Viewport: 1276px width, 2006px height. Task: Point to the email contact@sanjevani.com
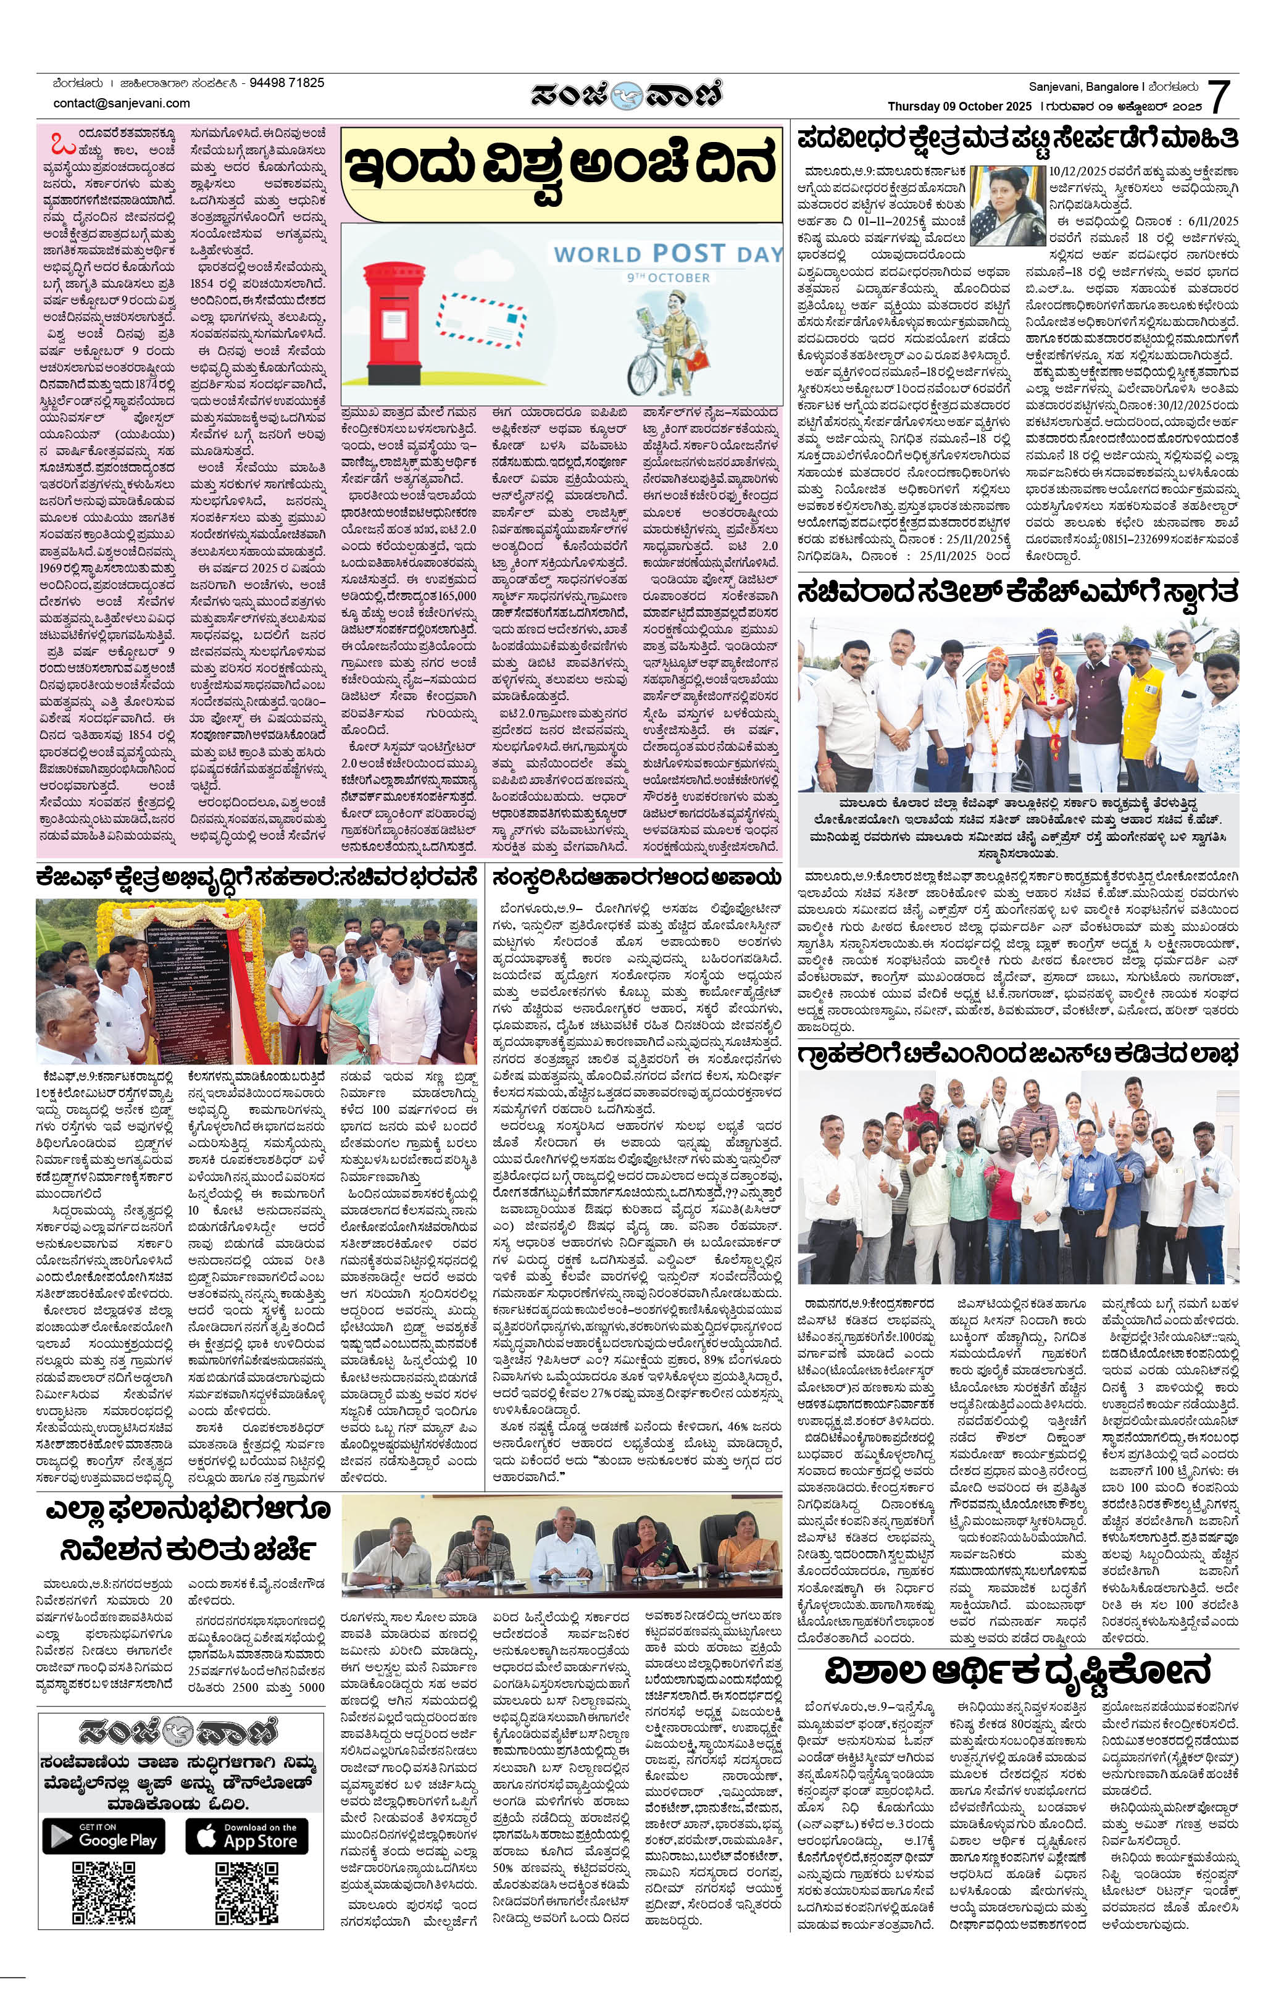click(122, 103)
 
